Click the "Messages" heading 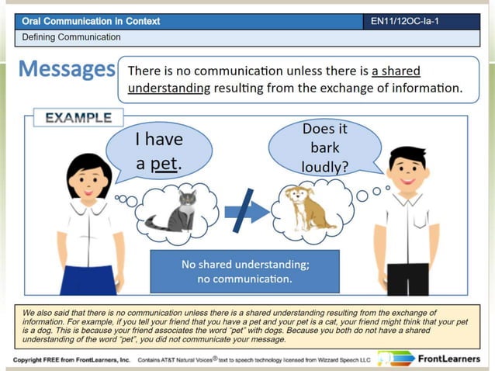pyautogui.click(x=67, y=70)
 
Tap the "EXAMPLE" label pyautogui.click(x=78, y=119)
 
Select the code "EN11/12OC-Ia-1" pyautogui.click(x=405, y=21)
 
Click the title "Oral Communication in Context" pyautogui.click(x=91, y=21)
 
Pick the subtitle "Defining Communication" pyautogui.click(x=71, y=36)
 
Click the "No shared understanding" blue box pyautogui.click(x=244, y=271)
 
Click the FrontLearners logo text pyautogui.click(x=452, y=359)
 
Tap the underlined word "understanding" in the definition pyautogui.click(x=169, y=88)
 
